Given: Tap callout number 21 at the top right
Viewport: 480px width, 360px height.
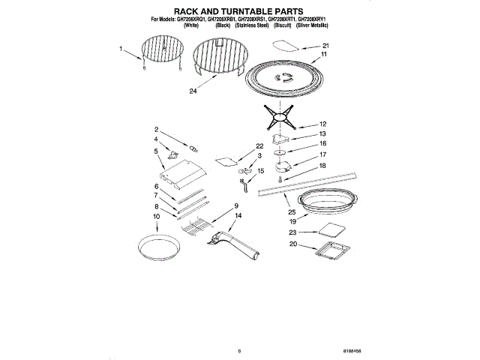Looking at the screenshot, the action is click(324, 45).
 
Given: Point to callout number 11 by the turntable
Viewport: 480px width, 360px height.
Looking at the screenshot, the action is click(324, 55).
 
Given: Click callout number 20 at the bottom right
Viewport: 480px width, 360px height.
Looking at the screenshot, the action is click(293, 244).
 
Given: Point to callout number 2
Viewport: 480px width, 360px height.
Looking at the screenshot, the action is click(157, 129).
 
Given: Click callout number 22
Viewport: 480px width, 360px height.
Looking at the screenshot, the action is click(259, 146).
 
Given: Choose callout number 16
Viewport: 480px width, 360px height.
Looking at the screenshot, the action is click(323, 142).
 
